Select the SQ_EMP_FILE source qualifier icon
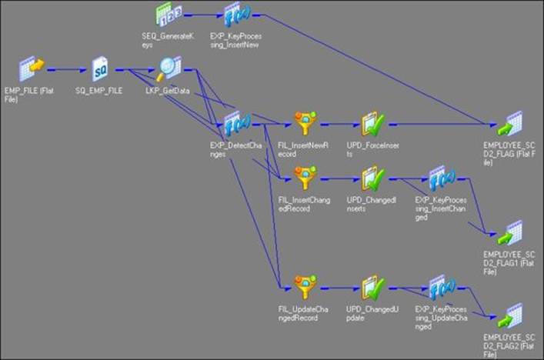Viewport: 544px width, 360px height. tap(99, 69)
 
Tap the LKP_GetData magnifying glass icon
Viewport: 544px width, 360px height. tap(167, 69)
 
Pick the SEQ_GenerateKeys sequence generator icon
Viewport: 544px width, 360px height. tap(167, 14)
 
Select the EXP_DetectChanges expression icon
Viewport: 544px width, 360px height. tap(232, 122)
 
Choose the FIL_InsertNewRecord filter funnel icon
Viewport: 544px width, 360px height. tap(303, 122)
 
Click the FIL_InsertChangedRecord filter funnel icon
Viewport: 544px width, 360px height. tap(303, 178)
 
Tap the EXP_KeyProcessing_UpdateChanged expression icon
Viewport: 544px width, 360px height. tap(439, 288)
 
